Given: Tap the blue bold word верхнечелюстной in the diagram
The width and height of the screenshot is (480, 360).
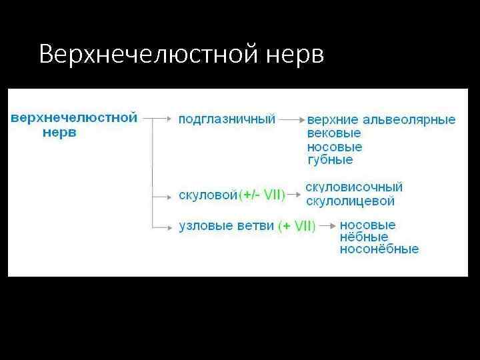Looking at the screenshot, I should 74,118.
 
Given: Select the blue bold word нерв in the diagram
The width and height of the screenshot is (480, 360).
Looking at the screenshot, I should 59,132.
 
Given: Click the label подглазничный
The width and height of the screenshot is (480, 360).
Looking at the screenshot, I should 227,119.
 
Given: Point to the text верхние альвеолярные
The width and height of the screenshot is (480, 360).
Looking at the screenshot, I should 381,120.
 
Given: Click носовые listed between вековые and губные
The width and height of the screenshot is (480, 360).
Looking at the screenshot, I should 334,147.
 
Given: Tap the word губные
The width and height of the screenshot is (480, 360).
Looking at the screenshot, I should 330,160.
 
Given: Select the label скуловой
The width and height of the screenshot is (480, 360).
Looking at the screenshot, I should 208,196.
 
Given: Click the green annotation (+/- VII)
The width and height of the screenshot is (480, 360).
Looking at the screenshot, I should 262,195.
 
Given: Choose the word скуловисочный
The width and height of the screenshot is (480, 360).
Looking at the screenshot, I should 354,187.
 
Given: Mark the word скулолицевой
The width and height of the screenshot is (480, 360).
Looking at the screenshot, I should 350,201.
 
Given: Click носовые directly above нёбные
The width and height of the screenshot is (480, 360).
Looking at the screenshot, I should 367,225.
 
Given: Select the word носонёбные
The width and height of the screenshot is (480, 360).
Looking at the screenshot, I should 379,249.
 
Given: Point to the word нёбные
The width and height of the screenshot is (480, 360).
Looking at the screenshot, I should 364,237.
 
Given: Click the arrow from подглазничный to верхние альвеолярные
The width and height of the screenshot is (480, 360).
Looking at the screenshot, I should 291,119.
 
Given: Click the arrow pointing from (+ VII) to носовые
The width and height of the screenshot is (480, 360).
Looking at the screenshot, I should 326,226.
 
